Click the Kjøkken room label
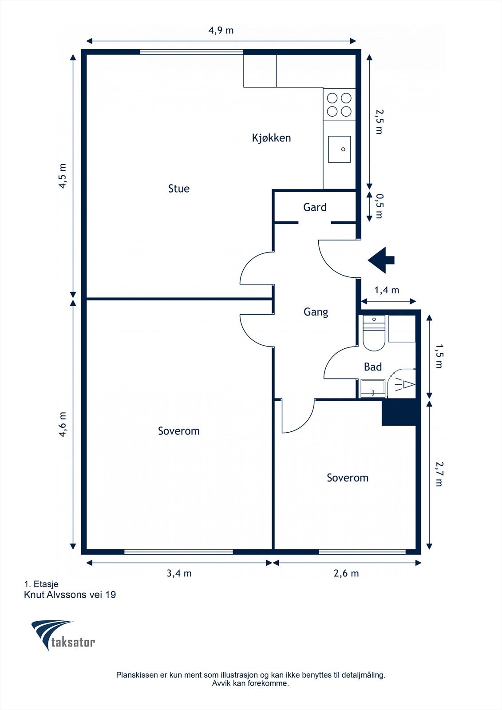point(272,138)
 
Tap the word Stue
point(179,189)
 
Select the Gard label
point(315,207)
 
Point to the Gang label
point(316,312)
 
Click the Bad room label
point(373,367)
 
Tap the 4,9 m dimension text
point(221,30)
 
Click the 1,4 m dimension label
point(387,290)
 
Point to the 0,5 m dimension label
point(379,206)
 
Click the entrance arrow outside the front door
point(381,260)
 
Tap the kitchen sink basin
point(339,149)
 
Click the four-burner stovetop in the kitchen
point(339,105)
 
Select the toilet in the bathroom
point(374,333)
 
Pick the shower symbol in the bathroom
point(402,383)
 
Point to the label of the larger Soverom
point(179,431)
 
